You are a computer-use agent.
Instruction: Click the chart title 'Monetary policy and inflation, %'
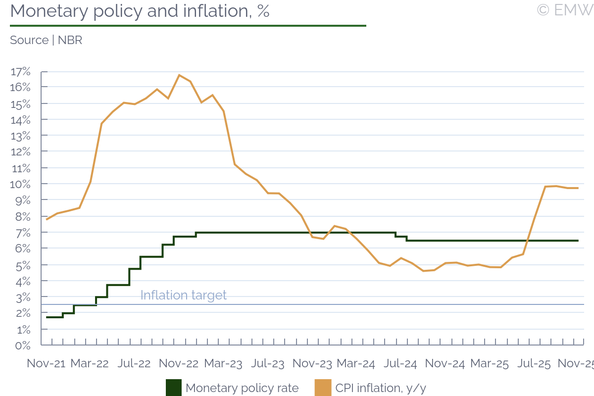[x=140, y=11]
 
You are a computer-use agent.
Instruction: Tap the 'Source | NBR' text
[x=46, y=41]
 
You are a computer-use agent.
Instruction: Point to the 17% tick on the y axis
[x=20, y=72]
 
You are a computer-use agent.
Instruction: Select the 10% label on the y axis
[x=20, y=184]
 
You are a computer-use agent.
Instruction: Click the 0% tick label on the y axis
[x=23, y=345]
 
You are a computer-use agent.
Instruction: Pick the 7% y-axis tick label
[x=23, y=232]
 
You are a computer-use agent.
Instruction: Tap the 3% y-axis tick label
[x=23, y=297]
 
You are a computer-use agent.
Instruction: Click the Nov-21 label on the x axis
[x=46, y=363]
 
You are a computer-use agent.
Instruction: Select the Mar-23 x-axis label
[x=223, y=363]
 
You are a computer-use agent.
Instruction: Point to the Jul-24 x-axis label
[x=400, y=363]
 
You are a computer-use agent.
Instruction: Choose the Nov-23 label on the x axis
[x=312, y=363]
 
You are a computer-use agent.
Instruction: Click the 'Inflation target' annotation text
[x=183, y=295]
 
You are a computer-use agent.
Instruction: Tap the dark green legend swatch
[x=173, y=388]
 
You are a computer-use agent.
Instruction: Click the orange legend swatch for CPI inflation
[x=323, y=388]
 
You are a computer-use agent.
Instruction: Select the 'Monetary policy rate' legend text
[x=242, y=388]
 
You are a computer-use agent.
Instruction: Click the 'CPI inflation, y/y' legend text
[x=381, y=388]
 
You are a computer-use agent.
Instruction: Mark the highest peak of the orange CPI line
[x=179, y=75]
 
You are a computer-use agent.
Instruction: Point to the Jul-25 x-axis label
[x=534, y=363]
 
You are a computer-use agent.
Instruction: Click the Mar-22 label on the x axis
[x=90, y=363]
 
